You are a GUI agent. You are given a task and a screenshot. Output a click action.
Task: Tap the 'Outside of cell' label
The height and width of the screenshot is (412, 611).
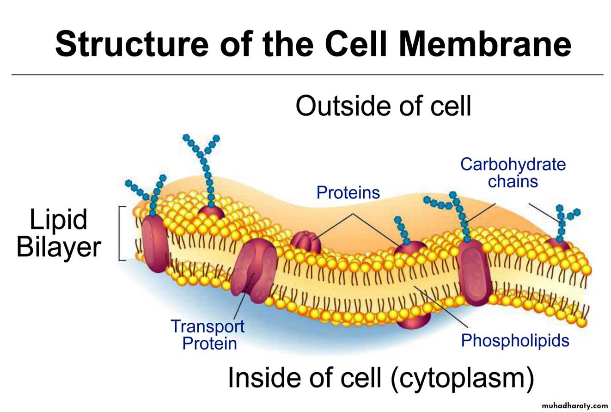coord(383,106)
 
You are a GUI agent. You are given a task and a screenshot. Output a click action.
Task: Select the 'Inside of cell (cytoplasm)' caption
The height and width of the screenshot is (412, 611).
coord(381,378)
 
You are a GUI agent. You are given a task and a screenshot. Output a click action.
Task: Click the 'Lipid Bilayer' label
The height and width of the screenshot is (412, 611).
coord(59,234)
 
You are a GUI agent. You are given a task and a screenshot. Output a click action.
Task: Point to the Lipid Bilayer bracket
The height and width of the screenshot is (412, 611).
coord(121,234)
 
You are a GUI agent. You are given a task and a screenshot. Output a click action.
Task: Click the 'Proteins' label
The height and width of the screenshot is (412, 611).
coord(348,192)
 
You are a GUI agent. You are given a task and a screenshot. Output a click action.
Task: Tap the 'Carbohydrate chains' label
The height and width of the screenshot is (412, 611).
coord(513,172)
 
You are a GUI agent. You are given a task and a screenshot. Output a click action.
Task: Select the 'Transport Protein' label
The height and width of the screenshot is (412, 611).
coord(208,334)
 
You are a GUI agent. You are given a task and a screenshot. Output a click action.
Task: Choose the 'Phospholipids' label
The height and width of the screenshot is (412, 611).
coord(515,341)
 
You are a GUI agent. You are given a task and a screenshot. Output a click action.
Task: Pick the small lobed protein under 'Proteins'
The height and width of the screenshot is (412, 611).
coord(305,241)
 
